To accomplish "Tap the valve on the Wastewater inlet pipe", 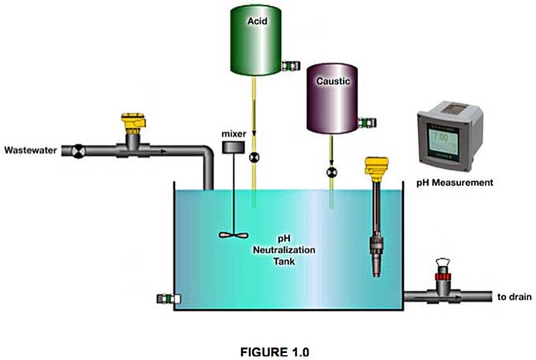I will click(x=79, y=149).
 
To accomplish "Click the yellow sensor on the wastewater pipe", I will click(x=130, y=124).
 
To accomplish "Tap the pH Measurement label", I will click(x=455, y=183).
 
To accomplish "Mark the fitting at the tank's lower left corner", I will click(x=166, y=299).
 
